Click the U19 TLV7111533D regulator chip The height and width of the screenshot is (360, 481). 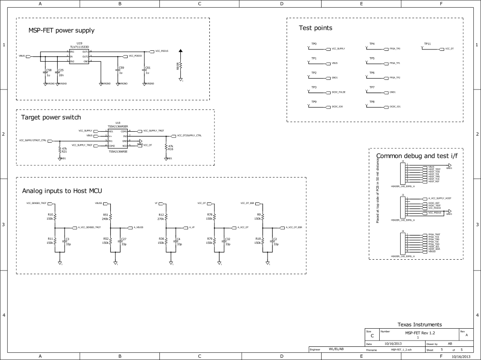79,56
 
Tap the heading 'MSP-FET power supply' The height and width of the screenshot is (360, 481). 61,31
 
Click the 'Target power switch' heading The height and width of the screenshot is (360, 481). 51,117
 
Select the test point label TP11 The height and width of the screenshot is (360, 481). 427,44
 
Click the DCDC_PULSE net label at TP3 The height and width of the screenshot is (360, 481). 338,92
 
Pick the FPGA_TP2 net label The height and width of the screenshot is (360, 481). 395,78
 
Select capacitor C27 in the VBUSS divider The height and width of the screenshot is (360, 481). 120,241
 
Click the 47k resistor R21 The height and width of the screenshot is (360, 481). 60,149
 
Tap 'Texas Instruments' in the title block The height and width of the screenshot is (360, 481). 419,325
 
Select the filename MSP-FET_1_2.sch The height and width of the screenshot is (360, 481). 401,350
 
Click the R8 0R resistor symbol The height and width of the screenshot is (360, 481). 181,65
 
